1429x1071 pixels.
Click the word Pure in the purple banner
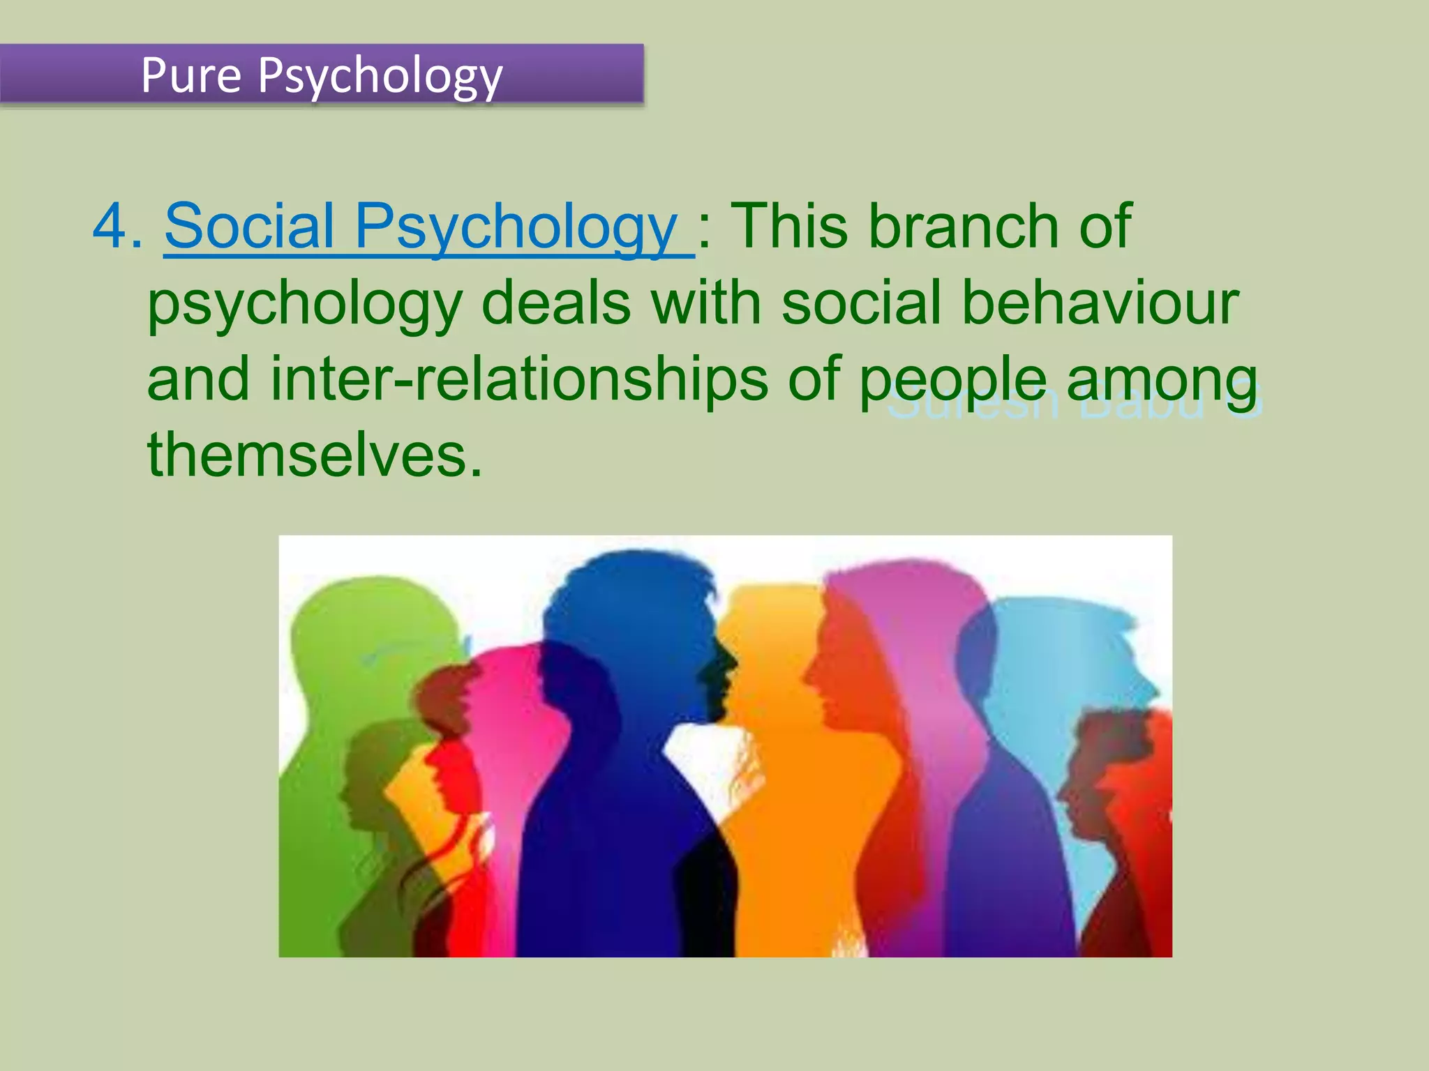pos(190,75)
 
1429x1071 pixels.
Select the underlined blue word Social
pos(249,226)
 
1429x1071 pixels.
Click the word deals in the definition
pos(556,303)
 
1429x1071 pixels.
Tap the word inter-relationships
pos(519,379)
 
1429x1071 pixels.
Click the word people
pos(952,381)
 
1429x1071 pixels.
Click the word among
pos(1162,381)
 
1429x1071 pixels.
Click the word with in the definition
pos(705,303)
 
